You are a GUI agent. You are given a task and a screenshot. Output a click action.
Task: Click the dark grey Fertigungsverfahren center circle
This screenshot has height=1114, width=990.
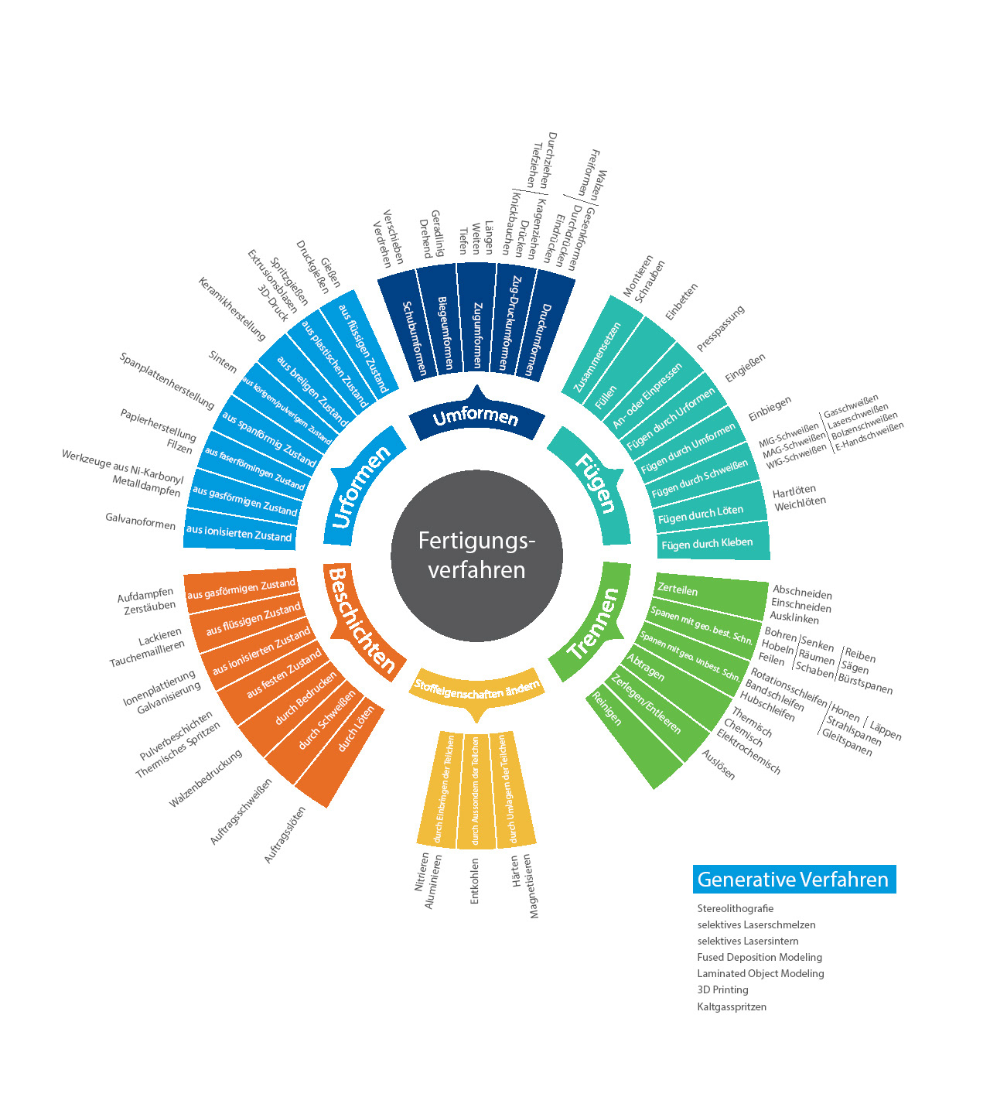[476, 555]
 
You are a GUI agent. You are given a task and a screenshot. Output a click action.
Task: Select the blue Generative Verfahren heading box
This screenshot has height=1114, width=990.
[794, 880]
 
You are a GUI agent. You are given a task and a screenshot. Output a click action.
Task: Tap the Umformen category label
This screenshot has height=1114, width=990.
[476, 418]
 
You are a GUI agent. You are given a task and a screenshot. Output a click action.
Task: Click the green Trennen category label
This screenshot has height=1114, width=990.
[593, 624]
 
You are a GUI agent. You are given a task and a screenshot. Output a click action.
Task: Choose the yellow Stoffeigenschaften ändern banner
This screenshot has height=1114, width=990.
[476, 689]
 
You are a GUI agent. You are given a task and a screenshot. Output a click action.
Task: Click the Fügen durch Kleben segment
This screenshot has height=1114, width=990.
[707, 543]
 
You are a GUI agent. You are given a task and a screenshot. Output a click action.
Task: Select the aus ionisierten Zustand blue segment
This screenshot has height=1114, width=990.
[239, 532]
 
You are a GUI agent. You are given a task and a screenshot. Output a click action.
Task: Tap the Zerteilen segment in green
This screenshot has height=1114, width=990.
[678, 589]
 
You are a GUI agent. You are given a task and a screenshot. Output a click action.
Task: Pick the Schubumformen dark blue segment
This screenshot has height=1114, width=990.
[415, 338]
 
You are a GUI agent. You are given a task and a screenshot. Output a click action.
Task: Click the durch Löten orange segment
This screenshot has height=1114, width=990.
[356, 729]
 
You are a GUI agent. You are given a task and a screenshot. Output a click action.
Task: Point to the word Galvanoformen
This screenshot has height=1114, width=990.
[141, 521]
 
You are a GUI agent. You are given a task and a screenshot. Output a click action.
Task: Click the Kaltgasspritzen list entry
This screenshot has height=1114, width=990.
[732, 1006]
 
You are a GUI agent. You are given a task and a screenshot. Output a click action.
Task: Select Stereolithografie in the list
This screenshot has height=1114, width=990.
[735, 908]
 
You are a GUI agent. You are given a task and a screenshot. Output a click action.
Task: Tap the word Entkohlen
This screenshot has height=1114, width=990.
[475, 880]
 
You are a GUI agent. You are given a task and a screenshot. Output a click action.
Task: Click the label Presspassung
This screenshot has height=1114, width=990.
[720, 328]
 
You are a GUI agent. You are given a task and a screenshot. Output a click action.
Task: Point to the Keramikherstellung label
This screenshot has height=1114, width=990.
[232, 309]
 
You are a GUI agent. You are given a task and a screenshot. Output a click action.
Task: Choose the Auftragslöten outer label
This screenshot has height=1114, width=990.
[285, 835]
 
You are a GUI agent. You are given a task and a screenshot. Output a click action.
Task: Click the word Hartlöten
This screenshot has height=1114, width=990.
[794, 491]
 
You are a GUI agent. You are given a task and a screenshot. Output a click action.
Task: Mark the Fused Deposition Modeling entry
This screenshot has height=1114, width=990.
[760, 957]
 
